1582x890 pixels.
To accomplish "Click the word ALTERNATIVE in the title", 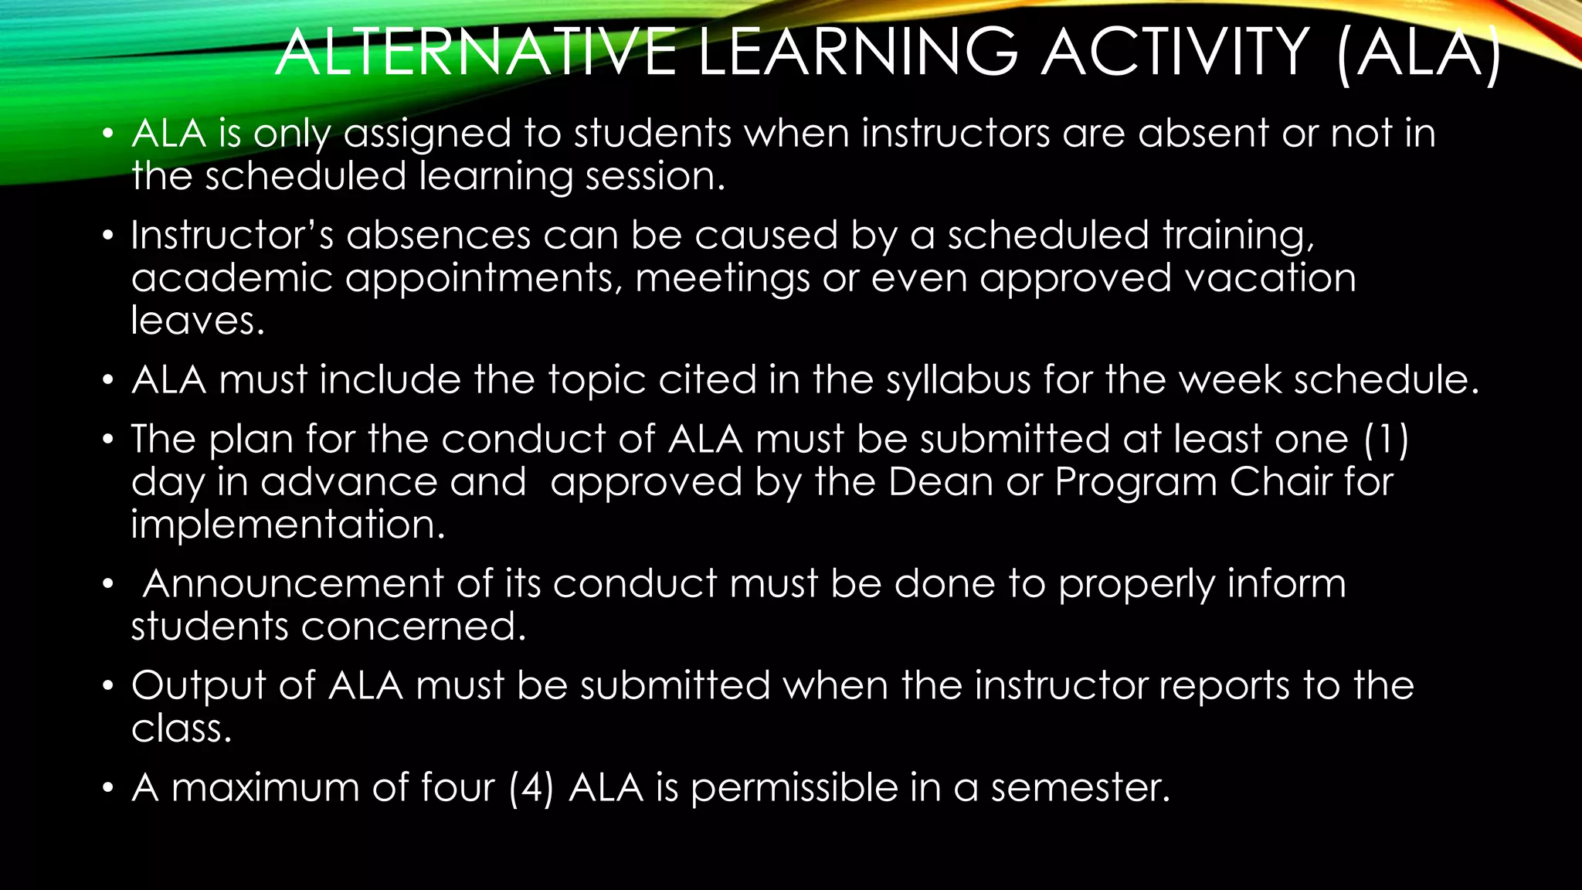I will [x=476, y=53].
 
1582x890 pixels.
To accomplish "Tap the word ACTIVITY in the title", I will [x=1175, y=53].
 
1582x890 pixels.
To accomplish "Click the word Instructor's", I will [x=232, y=235].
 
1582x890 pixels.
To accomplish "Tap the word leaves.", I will [x=198, y=321].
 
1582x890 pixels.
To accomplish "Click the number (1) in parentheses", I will [x=1387, y=439].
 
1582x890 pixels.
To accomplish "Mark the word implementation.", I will [x=287, y=525].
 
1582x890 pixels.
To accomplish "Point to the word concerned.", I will [x=413, y=627].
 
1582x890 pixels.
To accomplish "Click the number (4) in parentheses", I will [x=531, y=788].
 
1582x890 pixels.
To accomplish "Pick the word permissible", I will [x=794, y=788].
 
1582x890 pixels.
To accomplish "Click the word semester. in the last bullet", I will [x=1081, y=788].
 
